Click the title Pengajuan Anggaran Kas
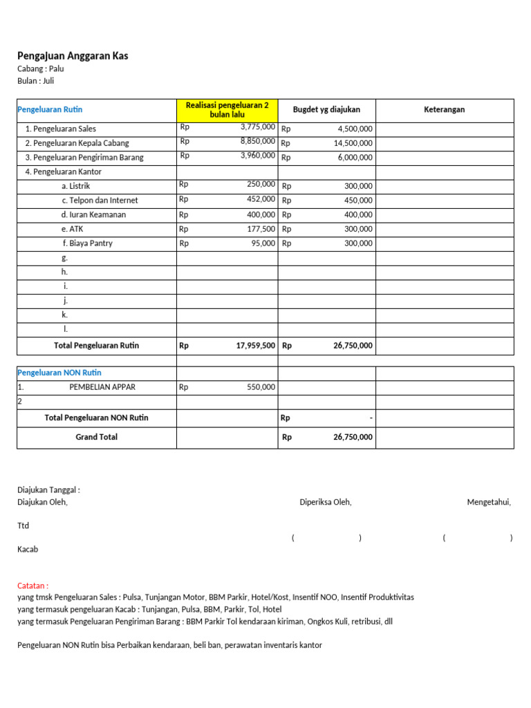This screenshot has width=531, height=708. (73, 56)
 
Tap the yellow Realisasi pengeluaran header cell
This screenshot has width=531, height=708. (227, 109)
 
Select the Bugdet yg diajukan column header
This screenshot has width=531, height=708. (326, 109)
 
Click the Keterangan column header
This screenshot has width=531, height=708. (444, 109)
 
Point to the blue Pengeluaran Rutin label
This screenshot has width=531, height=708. (50, 109)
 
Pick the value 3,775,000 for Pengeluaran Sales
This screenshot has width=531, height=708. (257, 127)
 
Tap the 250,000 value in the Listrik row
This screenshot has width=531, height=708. (261, 185)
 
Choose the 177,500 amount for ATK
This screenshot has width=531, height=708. (261, 228)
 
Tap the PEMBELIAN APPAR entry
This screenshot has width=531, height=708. (102, 387)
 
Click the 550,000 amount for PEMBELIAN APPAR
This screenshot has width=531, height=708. (261, 387)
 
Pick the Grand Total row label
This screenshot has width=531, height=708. (96, 437)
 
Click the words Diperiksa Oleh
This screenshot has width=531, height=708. (325, 503)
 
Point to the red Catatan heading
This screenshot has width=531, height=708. (32, 586)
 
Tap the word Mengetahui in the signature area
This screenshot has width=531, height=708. (489, 503)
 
